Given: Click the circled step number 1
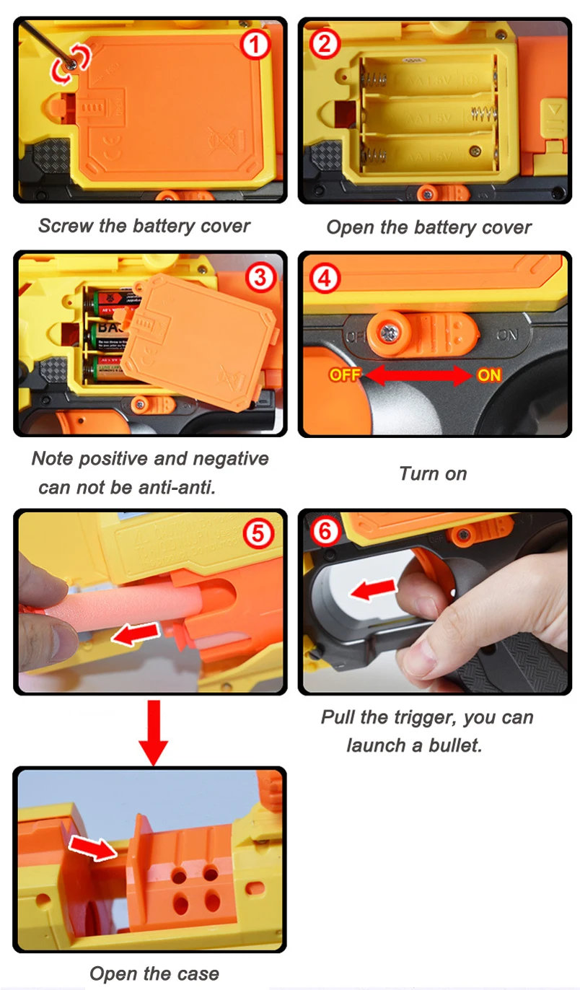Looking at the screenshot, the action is tap(255, 45).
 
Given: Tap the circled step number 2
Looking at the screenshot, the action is tap(324, 44).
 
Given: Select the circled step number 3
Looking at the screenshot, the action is tap(260, 278).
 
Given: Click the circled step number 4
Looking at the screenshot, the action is tap(325, 279).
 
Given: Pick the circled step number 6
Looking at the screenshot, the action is tap(325, 532).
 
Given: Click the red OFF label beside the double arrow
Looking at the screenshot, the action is tap(345, 375).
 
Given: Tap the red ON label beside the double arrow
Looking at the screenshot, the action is tap(489, 375).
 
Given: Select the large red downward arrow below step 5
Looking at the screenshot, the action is tap(153, 732).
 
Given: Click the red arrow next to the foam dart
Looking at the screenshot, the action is tap(136, 634).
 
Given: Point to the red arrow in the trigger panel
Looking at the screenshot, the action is tap(373, 589).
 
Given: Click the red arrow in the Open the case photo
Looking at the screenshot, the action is tap(93, 847).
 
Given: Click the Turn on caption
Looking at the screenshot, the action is tap(433, 474).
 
